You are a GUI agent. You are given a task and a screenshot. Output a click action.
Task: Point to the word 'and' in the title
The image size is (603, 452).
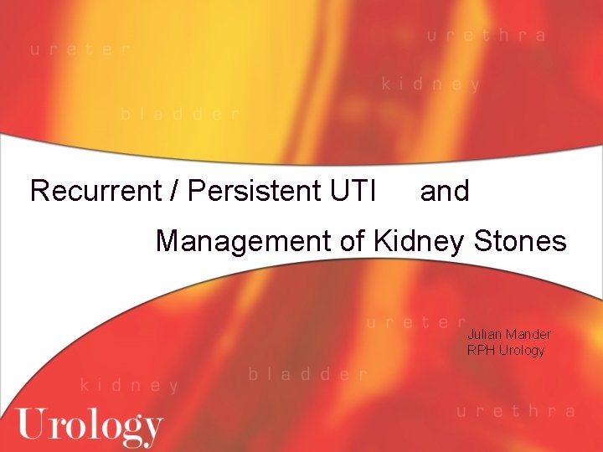[445, 191]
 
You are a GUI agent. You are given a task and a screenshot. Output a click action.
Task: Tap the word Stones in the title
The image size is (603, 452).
[521, 241]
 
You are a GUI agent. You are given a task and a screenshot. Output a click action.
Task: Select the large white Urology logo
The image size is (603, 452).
[90, 426]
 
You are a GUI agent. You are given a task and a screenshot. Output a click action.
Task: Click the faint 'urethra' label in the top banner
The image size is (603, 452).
[487, 36]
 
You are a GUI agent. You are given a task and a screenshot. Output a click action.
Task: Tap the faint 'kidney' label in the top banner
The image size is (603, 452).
[431, 84]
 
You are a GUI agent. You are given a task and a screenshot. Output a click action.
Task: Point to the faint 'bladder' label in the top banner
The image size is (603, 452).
[180, 114]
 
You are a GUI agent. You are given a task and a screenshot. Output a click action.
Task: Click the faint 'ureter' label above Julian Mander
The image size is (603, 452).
[416, 321]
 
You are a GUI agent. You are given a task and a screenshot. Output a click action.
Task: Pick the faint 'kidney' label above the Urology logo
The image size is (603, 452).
[130, 386]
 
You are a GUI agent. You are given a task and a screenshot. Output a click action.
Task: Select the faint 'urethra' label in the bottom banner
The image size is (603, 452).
[516, 411]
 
